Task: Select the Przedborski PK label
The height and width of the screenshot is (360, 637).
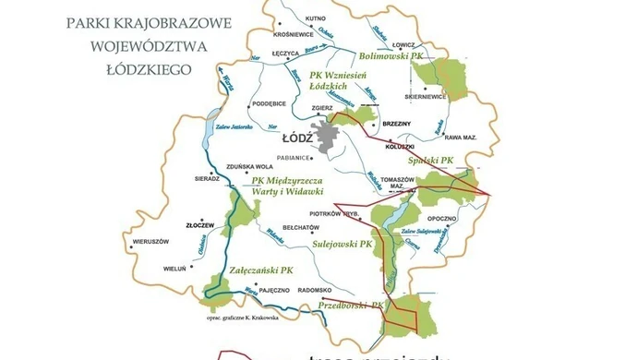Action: click(x=350, y=304)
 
